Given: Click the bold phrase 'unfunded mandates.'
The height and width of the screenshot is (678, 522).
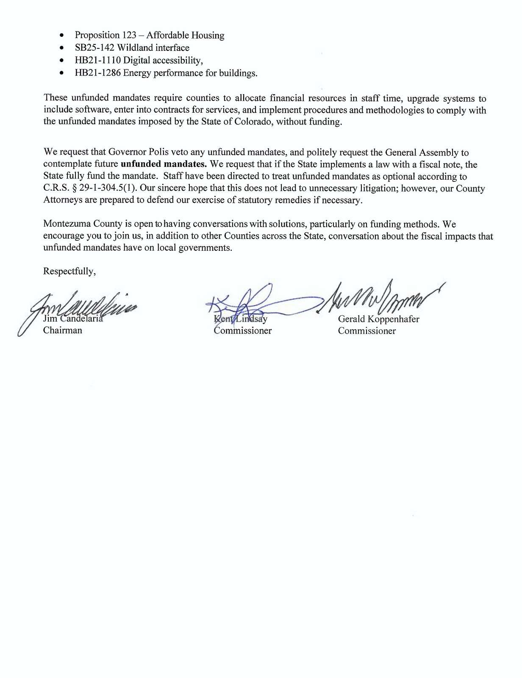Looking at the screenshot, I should coord(164,164).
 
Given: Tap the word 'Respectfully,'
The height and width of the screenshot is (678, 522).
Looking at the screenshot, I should coord(69,271).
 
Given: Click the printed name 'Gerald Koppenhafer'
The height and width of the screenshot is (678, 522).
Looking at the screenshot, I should coord(378,319).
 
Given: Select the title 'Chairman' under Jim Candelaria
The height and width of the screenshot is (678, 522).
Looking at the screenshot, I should coord(63,331).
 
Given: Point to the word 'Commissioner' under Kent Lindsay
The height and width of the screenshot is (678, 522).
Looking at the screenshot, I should coord(243,331).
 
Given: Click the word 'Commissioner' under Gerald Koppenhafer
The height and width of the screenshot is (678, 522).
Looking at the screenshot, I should coord(367,331).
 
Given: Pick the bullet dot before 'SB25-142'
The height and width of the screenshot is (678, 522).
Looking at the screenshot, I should coord(63,48).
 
